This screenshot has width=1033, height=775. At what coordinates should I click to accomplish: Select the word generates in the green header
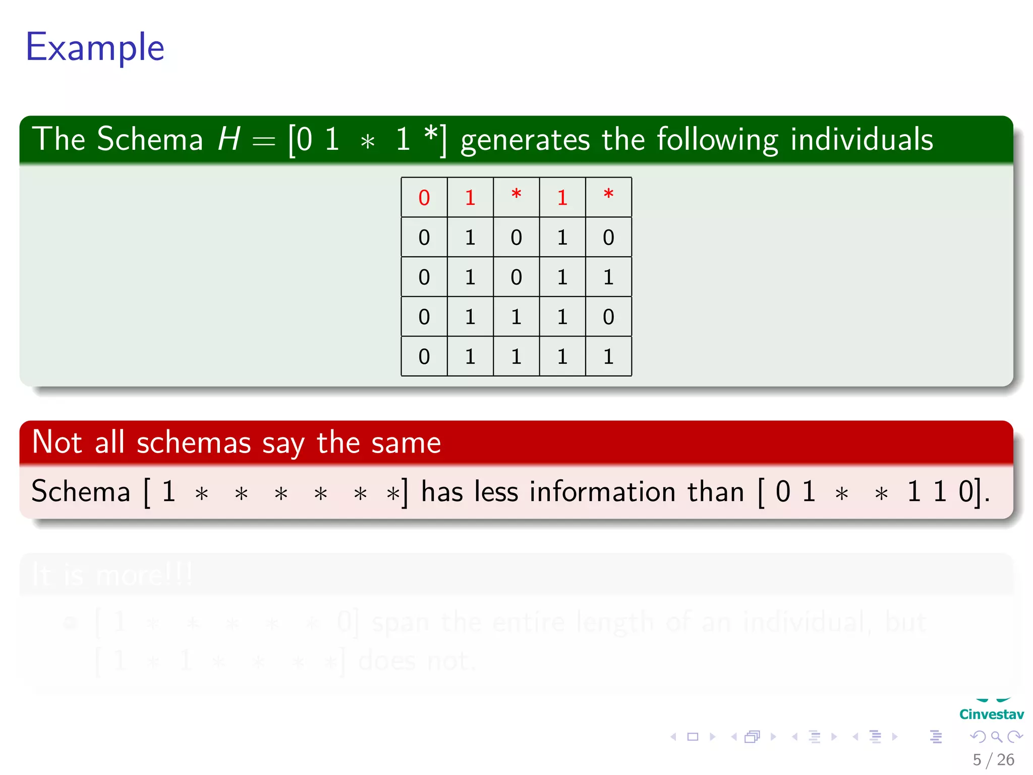[x=525, y=140]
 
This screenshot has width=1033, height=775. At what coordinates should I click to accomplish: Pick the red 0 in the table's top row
[x=424, y=198]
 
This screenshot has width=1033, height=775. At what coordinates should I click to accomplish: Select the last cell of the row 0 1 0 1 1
[x=608, y=277]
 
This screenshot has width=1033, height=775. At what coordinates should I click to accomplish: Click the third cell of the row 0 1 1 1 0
[x=516, y=317]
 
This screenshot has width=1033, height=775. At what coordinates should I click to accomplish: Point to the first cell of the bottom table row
[x=424, y=357]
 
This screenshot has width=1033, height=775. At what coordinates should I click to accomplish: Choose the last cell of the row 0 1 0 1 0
[x=608, y=237]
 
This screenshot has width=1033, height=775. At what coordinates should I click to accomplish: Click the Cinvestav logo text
[x=991, y=714]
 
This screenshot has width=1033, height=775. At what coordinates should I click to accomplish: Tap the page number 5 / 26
[x=993, y=759]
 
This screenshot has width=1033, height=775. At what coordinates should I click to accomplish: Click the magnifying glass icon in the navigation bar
[x=996, y=737]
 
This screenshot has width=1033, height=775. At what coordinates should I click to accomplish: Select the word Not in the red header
[x=57, y=442]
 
